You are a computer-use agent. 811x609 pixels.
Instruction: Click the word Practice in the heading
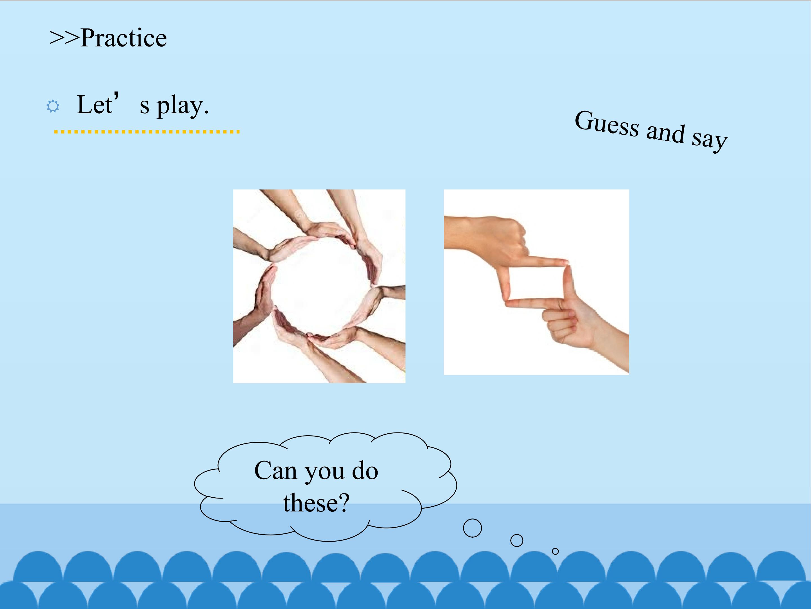click(x=124, y=38)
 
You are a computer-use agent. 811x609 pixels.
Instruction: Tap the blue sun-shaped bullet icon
click(x=53, y=107)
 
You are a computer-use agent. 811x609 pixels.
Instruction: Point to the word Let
click(x=95, y=105)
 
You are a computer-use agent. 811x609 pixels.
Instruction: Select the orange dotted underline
click(x=147, y=131)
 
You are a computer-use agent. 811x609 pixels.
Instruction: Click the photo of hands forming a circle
click(x=319, y=286)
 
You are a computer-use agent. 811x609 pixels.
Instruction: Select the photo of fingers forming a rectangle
click(x=536, y=282)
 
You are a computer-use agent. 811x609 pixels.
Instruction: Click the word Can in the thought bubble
click(x=275, y=471)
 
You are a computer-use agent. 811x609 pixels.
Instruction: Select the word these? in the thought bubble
click(x=316, y=502)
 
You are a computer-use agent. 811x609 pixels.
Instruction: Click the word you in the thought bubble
click(x=324, y=473)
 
